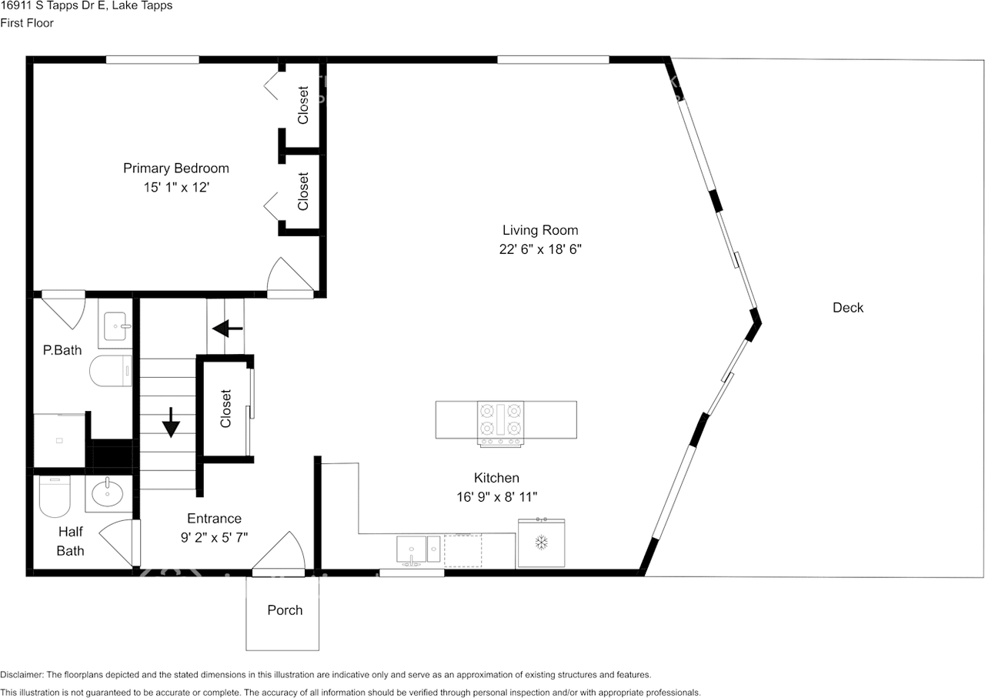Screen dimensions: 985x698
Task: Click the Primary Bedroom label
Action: (176, 169)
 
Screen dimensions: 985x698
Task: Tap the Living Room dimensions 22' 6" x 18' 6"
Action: (540, 249)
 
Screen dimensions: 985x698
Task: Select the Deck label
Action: (848, 307)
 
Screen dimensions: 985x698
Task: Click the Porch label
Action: (285, 610)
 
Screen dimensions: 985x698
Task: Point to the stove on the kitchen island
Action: (500, 423)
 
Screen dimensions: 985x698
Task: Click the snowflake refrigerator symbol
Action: (541, 543)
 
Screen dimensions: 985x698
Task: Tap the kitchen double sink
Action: (418, 549)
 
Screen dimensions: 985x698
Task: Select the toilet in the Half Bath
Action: (55, 496)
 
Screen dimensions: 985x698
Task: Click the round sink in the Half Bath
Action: (107, 493)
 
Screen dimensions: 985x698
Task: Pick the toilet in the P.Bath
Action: (111, 371)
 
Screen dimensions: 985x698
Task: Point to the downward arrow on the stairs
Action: (171, 422)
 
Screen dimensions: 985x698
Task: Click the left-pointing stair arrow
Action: (227, 329)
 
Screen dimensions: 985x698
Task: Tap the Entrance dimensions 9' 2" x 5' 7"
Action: (214, 537)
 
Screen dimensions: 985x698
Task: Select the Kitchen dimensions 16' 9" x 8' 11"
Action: (496, 497)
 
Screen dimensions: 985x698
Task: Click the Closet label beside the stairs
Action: (225, 409)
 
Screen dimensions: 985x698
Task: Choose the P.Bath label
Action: (62, 350)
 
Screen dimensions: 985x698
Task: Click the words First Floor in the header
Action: (27, 23)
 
